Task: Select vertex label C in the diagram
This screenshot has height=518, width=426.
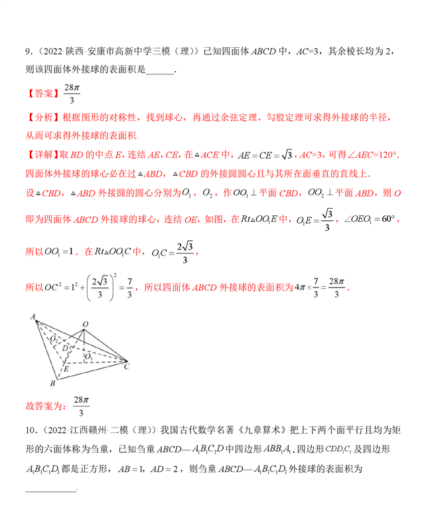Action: pyautogui.click(x=126, y=366)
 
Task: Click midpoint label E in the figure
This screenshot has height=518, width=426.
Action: pyautogui.click(x=64, y=367)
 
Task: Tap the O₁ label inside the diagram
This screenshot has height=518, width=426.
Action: pyautogui.click(x=89, y=356)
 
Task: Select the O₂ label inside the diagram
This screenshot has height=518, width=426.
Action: pyautogui.click(x=53, y=339)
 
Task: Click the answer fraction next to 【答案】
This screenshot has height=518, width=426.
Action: pyautogui.click(x=71, y=94)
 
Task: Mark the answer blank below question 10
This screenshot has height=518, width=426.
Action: pyautogui.click(x=50, y=489)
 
